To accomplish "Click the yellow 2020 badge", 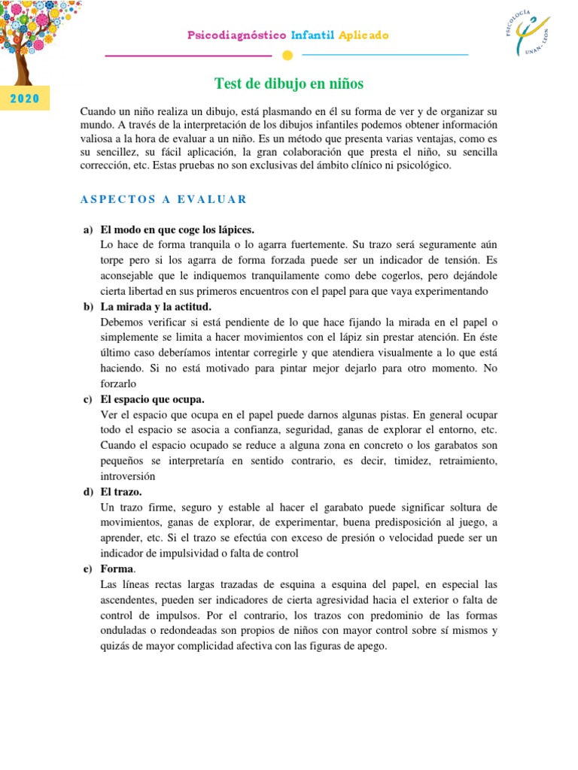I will (x=25, y=99).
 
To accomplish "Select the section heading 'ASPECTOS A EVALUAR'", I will (x=163, y=199).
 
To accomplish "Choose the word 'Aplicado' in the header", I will (x=364, y=35).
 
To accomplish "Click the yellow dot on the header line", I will (x=286, y=55).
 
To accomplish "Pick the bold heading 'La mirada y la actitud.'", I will (x=156, y=306).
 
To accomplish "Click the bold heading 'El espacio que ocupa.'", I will (x=152, y=399).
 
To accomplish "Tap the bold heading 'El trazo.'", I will (x=123, y=492).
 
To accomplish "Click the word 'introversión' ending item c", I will (x=127, y=476).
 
